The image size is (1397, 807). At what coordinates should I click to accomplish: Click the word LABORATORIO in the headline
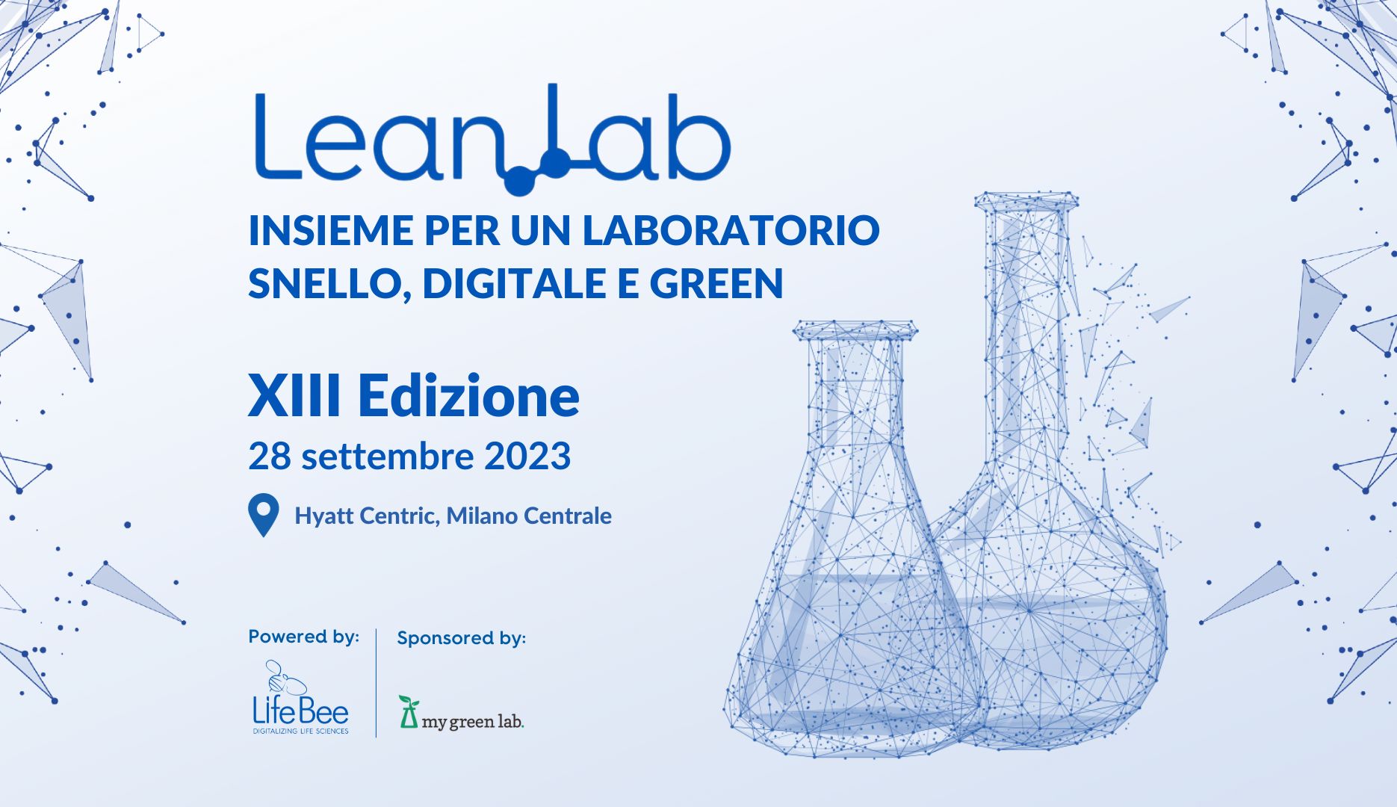click(x=731, y=231)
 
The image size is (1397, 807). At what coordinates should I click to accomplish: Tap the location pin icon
click(x=264, y=515)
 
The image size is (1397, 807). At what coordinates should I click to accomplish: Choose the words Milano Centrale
click(x=529, y=516)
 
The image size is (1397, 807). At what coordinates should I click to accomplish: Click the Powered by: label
click(x=303, y=637)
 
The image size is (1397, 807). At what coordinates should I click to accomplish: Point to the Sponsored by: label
click(x=461, y=638)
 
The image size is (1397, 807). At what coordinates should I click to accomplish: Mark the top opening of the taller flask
click(x=1026, y=200)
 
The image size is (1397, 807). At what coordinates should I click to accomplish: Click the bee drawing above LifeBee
click(x=285, y=677)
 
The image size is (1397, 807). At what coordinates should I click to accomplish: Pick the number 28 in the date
click(x=270, y=456)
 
